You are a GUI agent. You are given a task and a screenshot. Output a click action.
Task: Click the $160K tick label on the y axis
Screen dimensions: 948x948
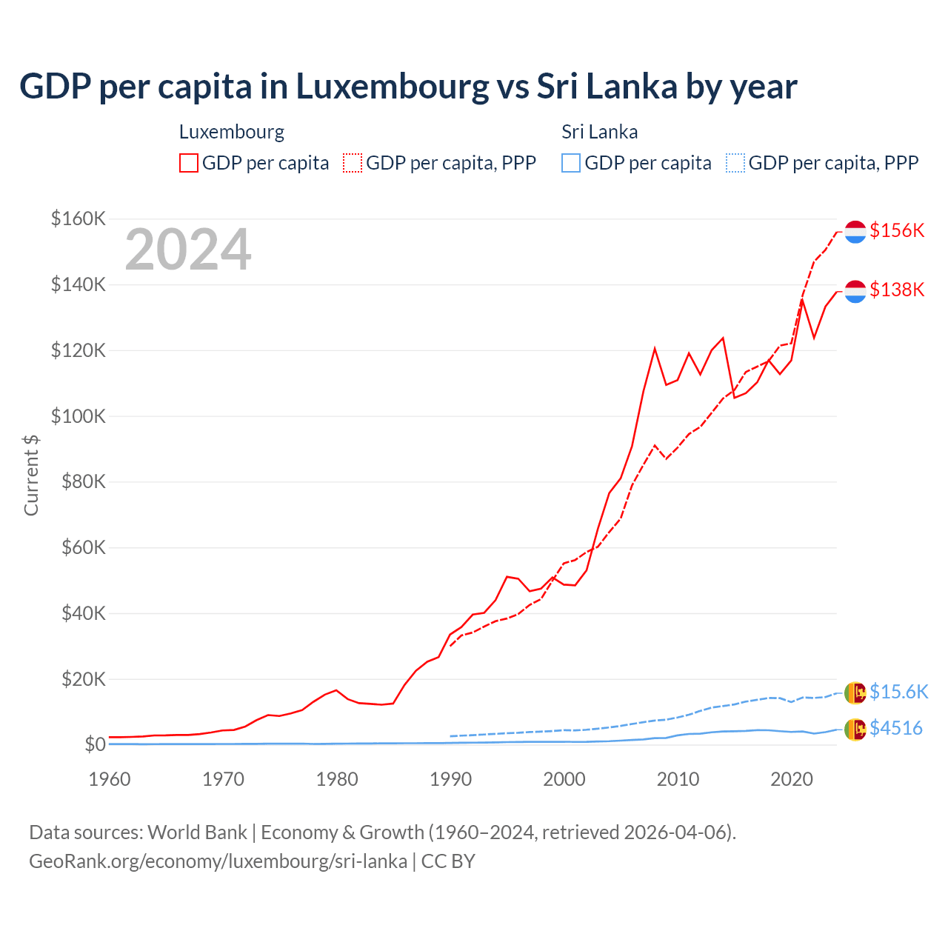[79, 218]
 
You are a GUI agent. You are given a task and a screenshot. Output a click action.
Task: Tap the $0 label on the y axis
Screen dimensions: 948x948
[95, 744]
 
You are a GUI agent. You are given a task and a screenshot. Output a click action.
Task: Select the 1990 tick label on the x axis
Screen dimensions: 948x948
[450, 779]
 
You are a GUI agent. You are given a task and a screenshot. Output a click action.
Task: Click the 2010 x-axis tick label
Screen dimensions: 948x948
[678, 779]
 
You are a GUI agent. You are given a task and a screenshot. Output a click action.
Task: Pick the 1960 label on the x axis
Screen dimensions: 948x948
[110, 779]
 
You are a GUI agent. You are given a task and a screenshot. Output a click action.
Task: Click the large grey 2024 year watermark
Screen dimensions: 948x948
[188, 250]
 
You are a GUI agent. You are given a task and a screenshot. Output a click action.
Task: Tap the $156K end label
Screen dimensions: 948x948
[897, 230]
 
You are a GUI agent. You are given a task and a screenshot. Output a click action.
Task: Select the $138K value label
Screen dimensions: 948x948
[897, 290]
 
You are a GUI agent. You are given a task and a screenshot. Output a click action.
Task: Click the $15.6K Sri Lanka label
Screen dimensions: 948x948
[898, 692]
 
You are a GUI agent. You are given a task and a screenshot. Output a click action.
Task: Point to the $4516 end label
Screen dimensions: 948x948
[896, 728]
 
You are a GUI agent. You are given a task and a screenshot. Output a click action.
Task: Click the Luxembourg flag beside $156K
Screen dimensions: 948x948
[855, 232]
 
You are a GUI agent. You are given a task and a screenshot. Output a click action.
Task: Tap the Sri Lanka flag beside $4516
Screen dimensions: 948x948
[855, 730]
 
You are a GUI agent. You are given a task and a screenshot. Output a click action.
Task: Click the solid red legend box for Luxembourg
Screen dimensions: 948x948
[189, 163]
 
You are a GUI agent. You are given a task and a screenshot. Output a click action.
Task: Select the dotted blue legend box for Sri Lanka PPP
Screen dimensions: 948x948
[735, 163]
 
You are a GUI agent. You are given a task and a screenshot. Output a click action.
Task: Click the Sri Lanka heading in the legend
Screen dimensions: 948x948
[599, 132]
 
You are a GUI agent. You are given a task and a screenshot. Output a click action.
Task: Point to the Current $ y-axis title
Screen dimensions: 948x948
[31, 475]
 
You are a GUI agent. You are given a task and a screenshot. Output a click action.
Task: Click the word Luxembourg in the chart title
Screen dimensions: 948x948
[393, 86]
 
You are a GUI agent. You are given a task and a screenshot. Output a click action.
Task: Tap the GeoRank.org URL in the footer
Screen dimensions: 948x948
[218, 861]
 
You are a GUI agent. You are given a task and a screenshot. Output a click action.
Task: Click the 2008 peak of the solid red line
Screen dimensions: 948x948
[655, 348]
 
